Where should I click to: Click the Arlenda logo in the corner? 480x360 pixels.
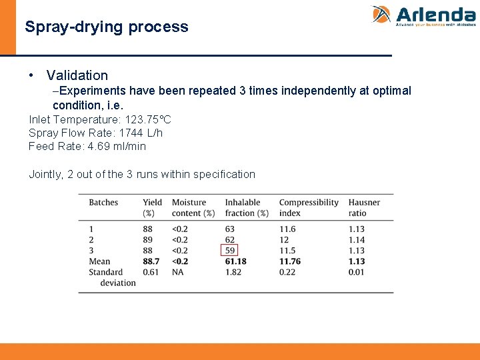423,16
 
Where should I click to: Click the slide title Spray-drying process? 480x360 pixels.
107,27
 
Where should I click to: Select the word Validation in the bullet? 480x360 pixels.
77,75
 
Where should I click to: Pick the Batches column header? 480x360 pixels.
103,203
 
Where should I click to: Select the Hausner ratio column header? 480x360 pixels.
364,207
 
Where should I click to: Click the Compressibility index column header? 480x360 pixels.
309,207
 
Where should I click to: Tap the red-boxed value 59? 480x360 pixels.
230,251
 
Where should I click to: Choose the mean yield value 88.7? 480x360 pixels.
151,261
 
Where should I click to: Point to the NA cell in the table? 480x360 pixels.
178,272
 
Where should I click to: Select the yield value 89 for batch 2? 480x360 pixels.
147,240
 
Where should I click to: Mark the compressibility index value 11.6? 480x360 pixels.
287,229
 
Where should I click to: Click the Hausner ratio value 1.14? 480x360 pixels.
357,240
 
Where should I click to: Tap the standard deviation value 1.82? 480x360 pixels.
233,272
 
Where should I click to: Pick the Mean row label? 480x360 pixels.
99,261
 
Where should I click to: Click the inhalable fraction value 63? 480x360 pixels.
230,229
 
